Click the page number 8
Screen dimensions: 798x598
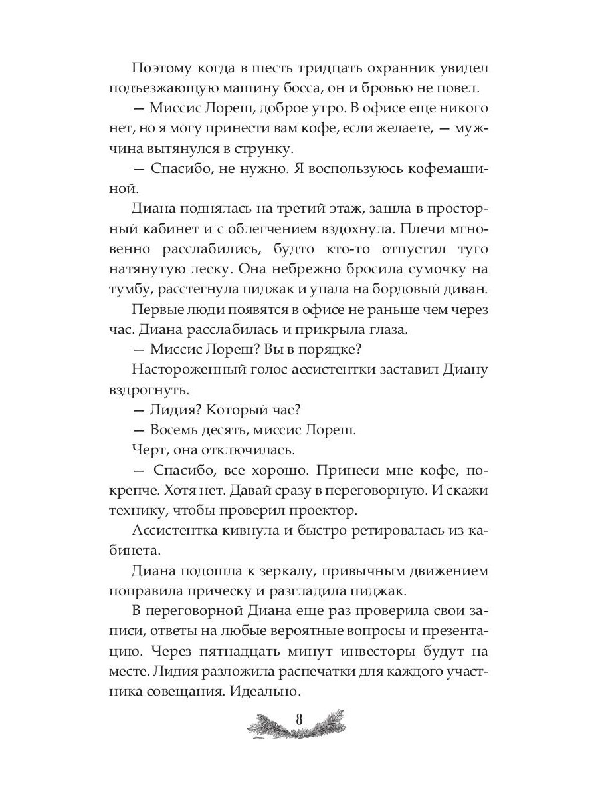tap(299, 720)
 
